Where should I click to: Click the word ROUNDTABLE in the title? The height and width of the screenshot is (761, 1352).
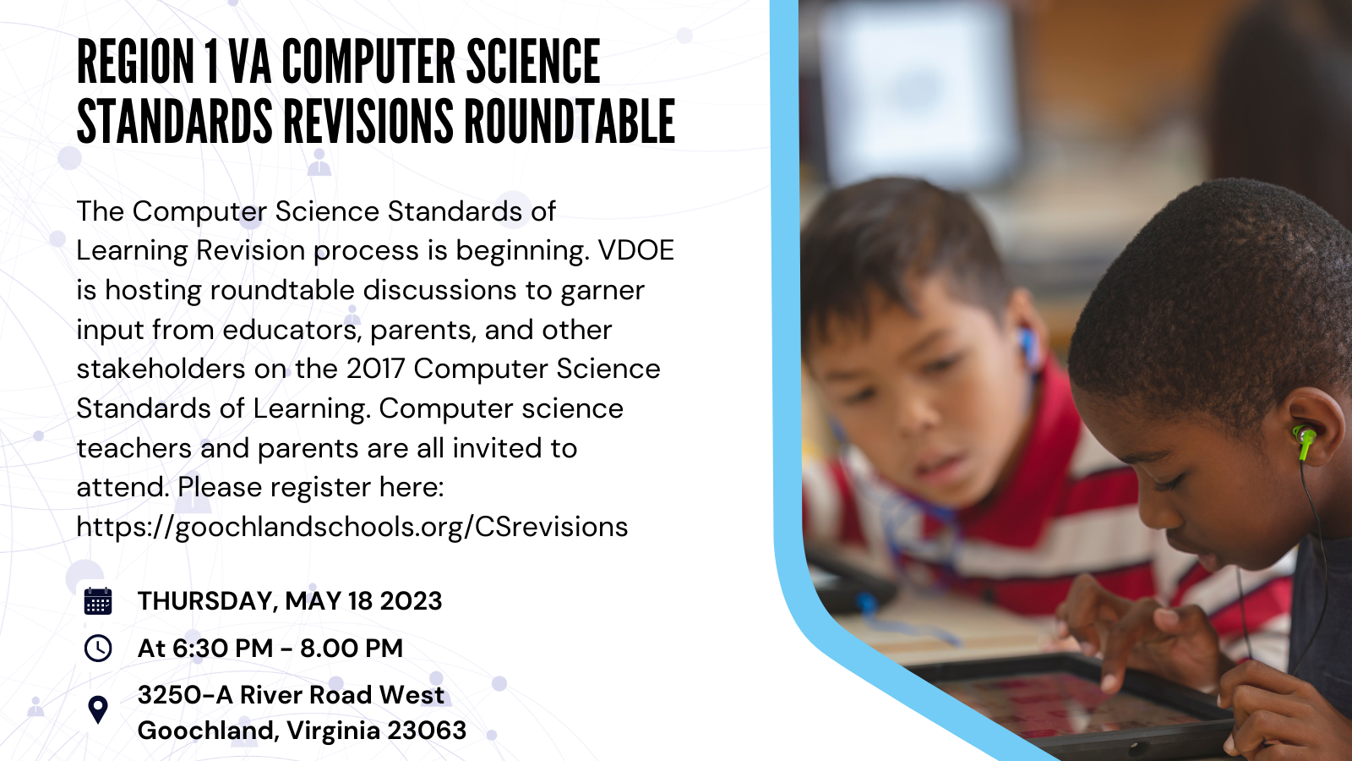[x=570, y=122]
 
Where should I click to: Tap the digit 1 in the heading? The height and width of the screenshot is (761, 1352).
[x=211, y=62]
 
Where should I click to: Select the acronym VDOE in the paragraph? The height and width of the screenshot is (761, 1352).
[x=636, y=250]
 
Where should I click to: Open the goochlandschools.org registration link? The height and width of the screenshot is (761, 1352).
[x=352, y=527]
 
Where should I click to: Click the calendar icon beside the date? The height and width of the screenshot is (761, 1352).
[x=98, y=601]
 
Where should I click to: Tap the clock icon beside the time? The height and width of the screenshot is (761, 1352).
[x=98, y=649]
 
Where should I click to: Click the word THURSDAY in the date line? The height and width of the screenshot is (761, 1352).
[x=204, y=601]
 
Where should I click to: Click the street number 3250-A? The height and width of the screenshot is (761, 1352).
[x=184, y=695]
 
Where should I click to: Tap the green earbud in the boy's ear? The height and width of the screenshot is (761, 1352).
[x=1305, y=440]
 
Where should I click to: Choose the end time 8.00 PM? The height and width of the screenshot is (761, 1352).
[x=352, y=649]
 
